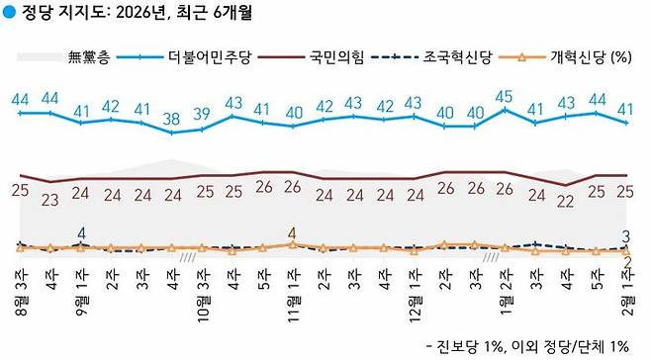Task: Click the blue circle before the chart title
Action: click(9, 15)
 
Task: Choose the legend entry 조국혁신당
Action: click(460, 57)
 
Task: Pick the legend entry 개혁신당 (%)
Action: click(584, 57)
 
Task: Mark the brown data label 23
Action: click(50, 198)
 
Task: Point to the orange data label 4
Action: click(292, 233)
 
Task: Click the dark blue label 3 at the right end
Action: click(627, 236)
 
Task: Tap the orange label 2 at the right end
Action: click(627, 261)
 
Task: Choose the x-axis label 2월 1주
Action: click(626, 297)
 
